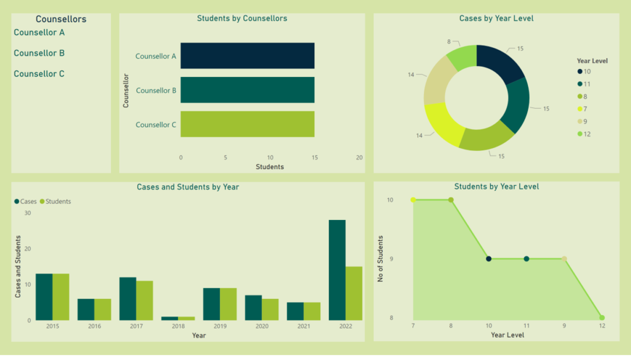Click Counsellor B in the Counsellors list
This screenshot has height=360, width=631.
coord(39,53)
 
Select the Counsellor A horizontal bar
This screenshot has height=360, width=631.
coord(247,56)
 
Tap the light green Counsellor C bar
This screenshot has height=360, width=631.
coord(247,124)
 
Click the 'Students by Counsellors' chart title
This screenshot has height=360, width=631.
coord(242,18)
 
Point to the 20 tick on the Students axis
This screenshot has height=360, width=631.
coord(359,157)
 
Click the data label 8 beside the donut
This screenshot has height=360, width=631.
coord(449,41)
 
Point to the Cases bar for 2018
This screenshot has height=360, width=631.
coord(169,318)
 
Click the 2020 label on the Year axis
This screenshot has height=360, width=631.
coord(262,327)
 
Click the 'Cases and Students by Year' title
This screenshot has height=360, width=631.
coord(187,187)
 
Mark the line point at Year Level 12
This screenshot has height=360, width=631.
coord(602,318)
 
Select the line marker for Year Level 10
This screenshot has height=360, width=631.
coord(489,259)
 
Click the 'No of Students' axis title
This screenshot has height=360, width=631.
coord(381,259)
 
